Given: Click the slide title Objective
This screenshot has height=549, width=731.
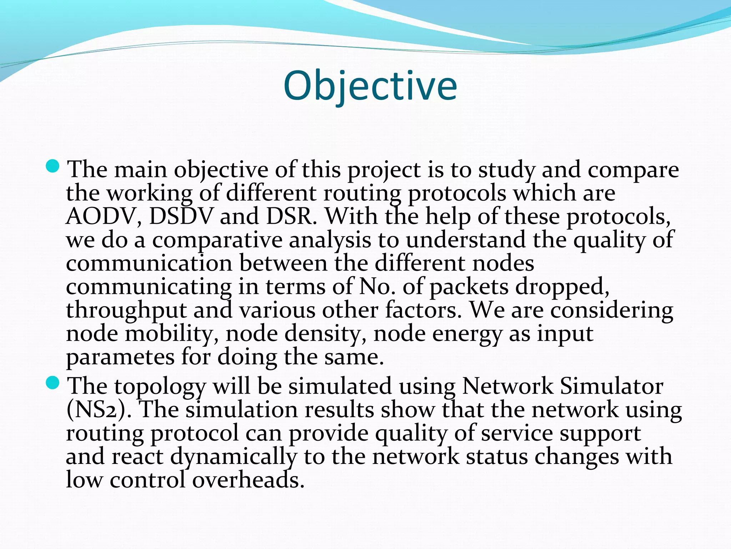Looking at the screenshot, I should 370,86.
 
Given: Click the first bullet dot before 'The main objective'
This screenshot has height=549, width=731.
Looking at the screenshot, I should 53,166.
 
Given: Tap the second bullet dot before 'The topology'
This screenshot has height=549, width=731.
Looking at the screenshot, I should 53,383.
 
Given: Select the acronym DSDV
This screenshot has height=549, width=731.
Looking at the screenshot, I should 181,217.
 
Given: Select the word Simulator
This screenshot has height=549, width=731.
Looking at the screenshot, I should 611,386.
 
